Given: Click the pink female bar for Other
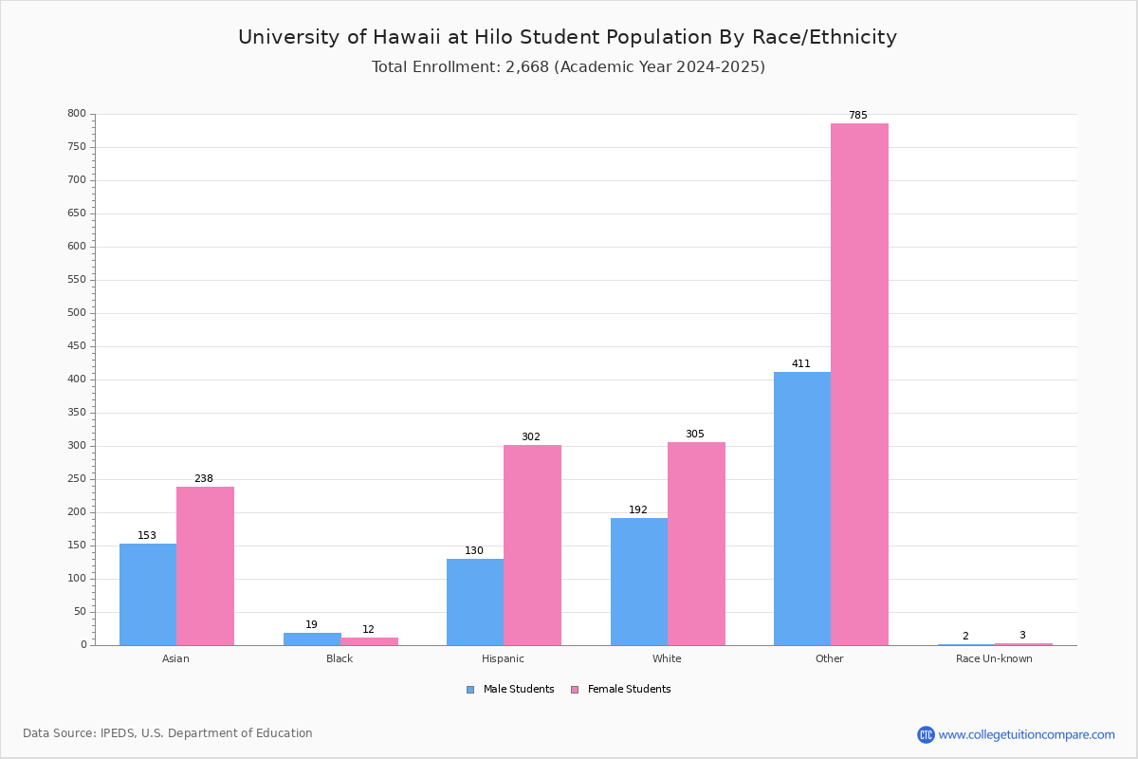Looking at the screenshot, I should click(859, 384).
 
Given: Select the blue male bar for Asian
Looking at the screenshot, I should click(148, 594).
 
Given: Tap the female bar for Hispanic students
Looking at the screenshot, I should click(532, 545).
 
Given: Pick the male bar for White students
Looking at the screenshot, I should click(639, 581).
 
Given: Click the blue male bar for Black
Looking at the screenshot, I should click(312, 639).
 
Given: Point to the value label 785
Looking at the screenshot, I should click(857, 116).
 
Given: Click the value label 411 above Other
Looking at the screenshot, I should click(801, 364).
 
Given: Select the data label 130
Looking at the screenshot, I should click(474, 551).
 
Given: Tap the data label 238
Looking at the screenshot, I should click(204, 479).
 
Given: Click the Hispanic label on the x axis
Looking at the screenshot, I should click(503, 658).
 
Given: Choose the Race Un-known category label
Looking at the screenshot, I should click(994, 658).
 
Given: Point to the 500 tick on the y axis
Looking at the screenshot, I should click(77, 313).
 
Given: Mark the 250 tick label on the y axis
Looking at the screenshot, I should click(77, 479).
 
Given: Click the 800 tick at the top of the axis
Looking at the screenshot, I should click(77, 114).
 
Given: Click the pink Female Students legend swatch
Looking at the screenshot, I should click(575, 690).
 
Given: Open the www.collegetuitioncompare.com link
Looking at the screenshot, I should click(1026, 734).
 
